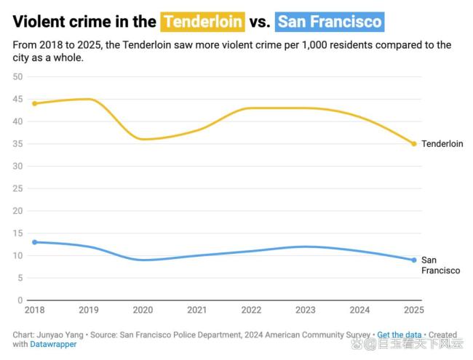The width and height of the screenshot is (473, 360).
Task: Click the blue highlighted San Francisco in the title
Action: point(330,22)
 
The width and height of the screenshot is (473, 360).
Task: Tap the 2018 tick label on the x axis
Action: point(34,311)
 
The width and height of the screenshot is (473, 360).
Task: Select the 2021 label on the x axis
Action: point(197,311)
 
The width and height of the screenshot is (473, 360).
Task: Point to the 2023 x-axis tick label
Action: point(306,311)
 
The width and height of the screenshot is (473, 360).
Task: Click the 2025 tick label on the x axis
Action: point(413,311)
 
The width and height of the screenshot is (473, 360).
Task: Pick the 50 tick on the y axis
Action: point(18,76)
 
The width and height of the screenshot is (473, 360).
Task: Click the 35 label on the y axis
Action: point(18,144)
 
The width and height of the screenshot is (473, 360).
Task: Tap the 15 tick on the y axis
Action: point(18,233)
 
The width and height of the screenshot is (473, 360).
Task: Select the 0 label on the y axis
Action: point(20,300)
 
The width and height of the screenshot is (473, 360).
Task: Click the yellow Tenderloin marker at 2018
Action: point(34,103)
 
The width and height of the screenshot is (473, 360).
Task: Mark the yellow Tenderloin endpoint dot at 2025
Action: point(414,144)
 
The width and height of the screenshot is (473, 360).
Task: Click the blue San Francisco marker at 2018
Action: point(34,242)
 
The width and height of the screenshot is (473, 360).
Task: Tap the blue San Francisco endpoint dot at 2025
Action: point(414,260)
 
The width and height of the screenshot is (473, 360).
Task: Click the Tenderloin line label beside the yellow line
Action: point(442,144)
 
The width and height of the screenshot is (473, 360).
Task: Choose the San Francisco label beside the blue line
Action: point(440,265)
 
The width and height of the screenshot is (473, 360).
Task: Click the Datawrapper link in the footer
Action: point(53,344)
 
